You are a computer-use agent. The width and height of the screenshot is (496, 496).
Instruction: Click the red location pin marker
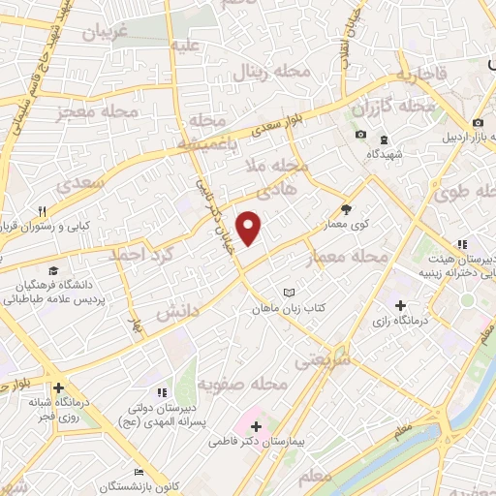pyautogui.click(x=250, y=228)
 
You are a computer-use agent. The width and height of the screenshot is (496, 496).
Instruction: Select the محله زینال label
pyautogui.click(x=264, y=71)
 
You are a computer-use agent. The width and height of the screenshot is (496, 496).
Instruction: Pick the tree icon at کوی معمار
pyautogui.click(x=346, y=207)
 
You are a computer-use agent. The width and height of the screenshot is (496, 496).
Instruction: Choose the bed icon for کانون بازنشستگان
pyautogui.click(x=139, y=471)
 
